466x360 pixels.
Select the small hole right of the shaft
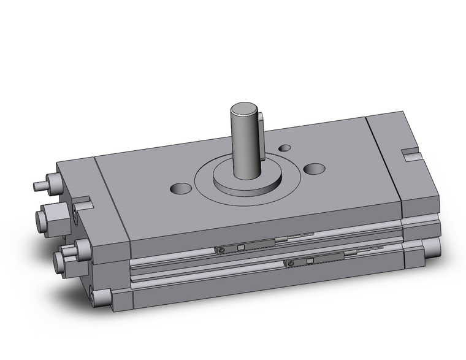[285, 148]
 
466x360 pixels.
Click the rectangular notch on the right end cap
[409, 151]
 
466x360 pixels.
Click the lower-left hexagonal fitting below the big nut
[63, 262]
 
